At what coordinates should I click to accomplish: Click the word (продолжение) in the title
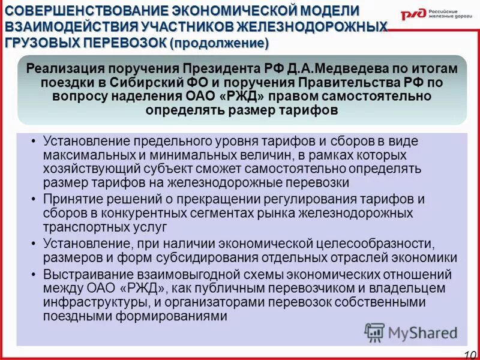coord(219,44)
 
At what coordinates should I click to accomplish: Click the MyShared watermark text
coord(422,332)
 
